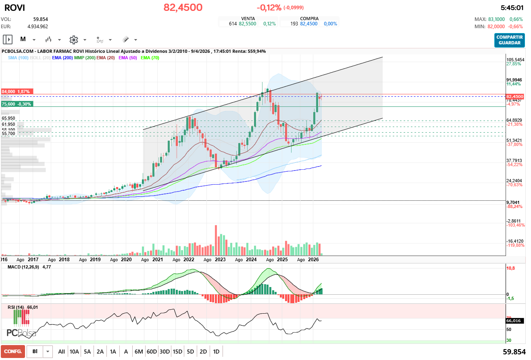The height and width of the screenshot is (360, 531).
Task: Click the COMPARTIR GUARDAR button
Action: (510, 40)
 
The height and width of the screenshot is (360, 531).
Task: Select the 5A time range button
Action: (87, 352)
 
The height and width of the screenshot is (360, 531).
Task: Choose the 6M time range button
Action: (139, 352)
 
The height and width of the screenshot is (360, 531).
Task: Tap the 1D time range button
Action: (216, 352)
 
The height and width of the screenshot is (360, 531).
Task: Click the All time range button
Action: (61, 352)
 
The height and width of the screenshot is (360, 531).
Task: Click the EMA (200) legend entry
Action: (62, 58)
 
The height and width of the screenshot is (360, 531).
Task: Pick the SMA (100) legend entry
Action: (18, 58)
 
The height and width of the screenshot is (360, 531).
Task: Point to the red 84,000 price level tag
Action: (16, 92)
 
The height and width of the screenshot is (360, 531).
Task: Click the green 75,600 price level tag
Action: (17, 104)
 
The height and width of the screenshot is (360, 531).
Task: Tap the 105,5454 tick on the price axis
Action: (514, 60)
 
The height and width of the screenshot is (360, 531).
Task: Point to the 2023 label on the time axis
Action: (220, 260)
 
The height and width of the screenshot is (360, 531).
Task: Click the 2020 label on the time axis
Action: (126, 260)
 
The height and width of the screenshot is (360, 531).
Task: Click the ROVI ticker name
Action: (15, 8)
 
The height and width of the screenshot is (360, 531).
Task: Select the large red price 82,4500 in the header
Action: (183, 8)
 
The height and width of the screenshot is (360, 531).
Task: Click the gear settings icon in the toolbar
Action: (73, 40)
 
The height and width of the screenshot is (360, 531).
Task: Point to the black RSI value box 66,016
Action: (514, 321)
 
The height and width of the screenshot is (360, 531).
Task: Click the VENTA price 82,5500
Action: (247, 24)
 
